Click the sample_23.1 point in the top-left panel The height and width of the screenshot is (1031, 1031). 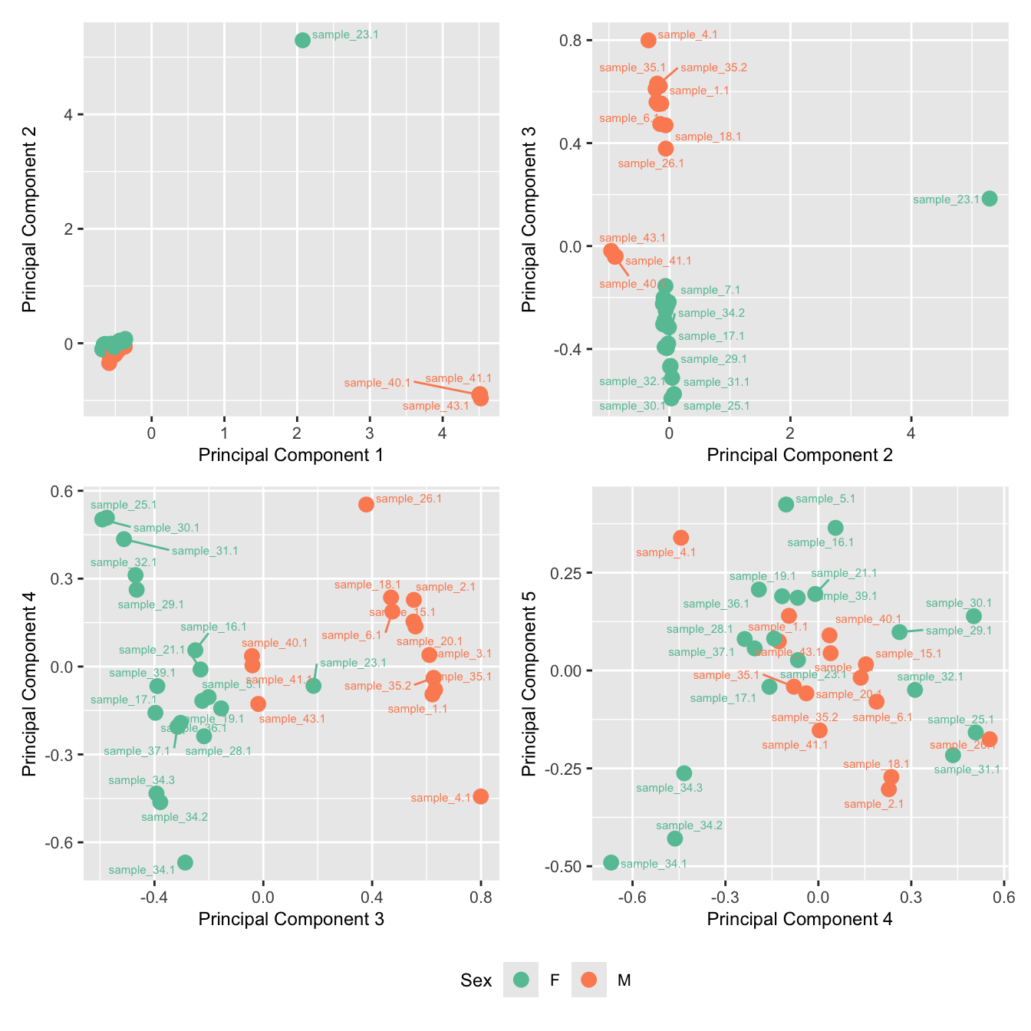pyautogui.click(x=302, y=40)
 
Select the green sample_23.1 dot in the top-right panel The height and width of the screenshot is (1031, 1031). pyautogui.click(x=990, y=199)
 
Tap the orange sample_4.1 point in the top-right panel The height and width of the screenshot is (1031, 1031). pyautogui.click(x=648, y=40)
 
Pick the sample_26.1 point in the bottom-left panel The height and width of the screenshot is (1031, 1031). pyautogui.click(x=366, y=504)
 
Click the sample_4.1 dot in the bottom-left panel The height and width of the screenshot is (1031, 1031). pyautogui.click(x=481, y=796)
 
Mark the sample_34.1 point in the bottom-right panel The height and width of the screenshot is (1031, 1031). pyautogui.click(x=611, y=862)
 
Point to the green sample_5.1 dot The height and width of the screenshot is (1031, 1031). pyautogui.click(x=786, y=504)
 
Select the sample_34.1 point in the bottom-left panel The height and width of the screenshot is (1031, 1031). pyautogui.click(x=185, y=862)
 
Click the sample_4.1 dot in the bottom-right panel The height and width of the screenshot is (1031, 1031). pyautogui.click(x=680, y=538)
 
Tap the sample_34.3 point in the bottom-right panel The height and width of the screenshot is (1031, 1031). pyautogui.click(x=684, y=773)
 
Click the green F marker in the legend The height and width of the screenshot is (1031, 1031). pyautogui.click(x=522, y=980)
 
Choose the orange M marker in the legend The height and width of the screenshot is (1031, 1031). pyautogui.click(x=589, y=980)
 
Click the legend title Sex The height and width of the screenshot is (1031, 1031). pyautogui.click(x=476, y=980)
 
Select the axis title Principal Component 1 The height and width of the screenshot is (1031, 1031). pyautogui.click(x=291, y=455)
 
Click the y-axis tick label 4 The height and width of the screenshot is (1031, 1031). pyautogui.click(x=69, y=115)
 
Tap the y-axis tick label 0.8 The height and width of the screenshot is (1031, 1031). pyautogui.click(x=571, y=40)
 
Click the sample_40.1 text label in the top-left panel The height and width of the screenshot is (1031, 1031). pyautogui.click(x=377, y=383)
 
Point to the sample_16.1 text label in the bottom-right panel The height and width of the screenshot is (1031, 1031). pyautogui.click(x=820, y=542)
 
